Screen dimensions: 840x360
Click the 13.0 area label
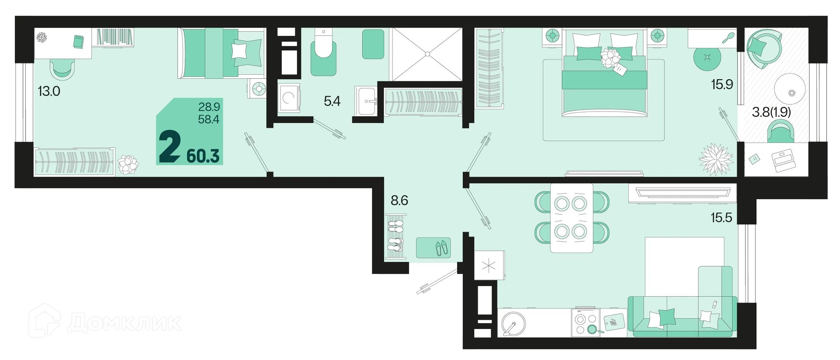point(49,91)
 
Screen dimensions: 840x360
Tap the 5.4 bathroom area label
point(332,101)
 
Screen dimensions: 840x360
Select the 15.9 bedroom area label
point(722,84)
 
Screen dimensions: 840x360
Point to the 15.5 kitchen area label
point(721,217)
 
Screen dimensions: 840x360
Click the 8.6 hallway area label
point(399,200)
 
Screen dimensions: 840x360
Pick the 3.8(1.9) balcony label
point(771,112)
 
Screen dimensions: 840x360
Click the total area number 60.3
point(203,156)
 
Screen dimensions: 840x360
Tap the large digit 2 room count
point(170,147)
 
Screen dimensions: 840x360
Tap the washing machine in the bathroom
point(289,98)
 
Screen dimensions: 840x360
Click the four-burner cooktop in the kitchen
point(585,323)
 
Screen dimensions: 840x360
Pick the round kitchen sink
point(514,324)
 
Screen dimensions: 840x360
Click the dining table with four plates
point(571,218)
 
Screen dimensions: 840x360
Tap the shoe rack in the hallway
point(395,238)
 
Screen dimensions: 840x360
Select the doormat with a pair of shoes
point(433,248)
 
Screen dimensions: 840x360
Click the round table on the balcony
point(790,88)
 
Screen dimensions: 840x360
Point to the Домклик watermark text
point(125,323)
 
